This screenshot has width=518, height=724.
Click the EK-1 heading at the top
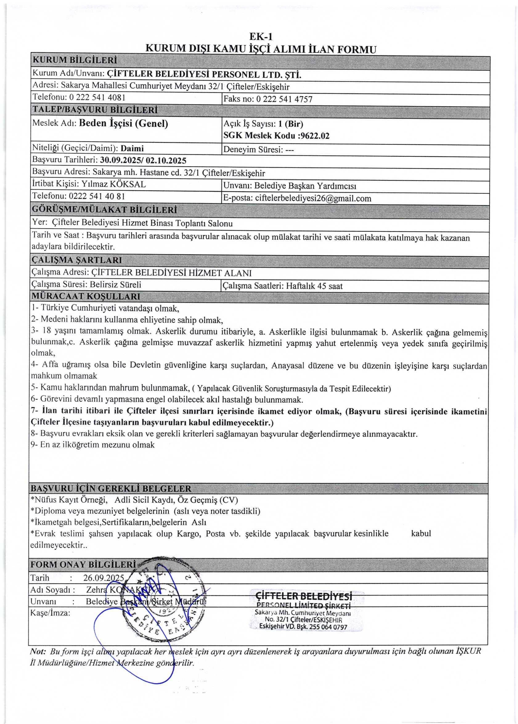click(261, 37)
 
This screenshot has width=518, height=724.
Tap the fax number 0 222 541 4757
click(284, 99)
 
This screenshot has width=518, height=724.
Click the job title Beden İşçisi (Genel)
click(124, 123)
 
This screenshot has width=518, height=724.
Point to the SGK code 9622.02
click(315, 136)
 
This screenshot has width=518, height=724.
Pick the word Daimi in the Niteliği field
click(133, 148)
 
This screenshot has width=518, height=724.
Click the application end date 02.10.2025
click(166, 161)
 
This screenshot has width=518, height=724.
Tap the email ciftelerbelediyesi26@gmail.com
click(313, 198)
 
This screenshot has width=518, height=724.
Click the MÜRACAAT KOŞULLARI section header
click(86, 296)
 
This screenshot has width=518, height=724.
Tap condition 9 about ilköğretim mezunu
click(93, 445)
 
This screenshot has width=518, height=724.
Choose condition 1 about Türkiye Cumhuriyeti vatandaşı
click(105, 308)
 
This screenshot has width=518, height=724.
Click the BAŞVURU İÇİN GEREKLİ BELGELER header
click(111, 489)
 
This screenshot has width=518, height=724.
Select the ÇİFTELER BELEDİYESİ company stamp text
click(304, 596)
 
